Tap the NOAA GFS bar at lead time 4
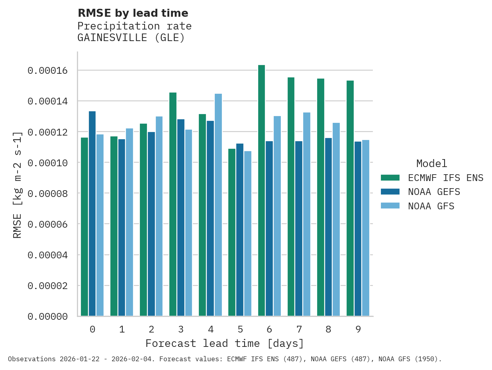pos(218,205)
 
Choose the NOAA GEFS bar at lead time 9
pos(358,229)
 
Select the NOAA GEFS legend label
pos(434,192)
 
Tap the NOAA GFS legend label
pos(431,206)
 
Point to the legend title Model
pos(431,163)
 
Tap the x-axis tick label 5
pos(240,329)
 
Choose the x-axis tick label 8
pos(328,329)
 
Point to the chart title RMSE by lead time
pos(133,13)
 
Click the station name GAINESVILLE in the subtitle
pos(114,38)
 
